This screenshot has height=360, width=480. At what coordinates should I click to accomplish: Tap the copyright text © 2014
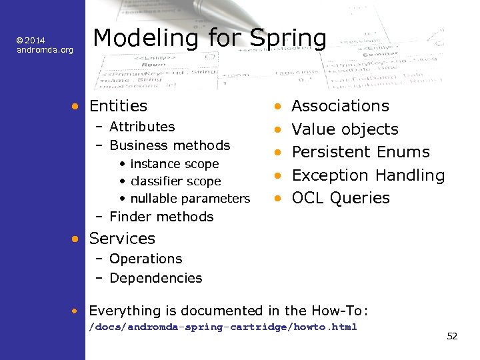(31, 41)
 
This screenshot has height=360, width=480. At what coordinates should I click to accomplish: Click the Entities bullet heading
(118, 106)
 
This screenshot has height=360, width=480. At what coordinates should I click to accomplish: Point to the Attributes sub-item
(142, 127)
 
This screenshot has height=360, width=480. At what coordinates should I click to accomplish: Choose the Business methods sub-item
(169, 145)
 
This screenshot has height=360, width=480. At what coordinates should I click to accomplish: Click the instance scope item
(175, 164)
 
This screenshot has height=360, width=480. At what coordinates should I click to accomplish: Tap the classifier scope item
(176, 181)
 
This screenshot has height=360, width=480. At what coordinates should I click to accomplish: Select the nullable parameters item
(190, 199)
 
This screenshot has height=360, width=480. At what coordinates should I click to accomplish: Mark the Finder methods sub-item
(161, 217)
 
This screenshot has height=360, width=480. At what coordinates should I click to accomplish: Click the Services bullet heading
(122, 239)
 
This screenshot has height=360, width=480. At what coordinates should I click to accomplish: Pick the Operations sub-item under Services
(145, 259)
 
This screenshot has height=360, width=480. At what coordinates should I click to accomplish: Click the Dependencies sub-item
(155, 278)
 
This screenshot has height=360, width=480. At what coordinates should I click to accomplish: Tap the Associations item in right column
(341, 106)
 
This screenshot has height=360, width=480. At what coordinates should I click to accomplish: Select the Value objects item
(345, 129)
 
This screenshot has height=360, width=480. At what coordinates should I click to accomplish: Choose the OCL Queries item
(341, 198)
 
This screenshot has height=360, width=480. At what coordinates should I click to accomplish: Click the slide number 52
(452, 336)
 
